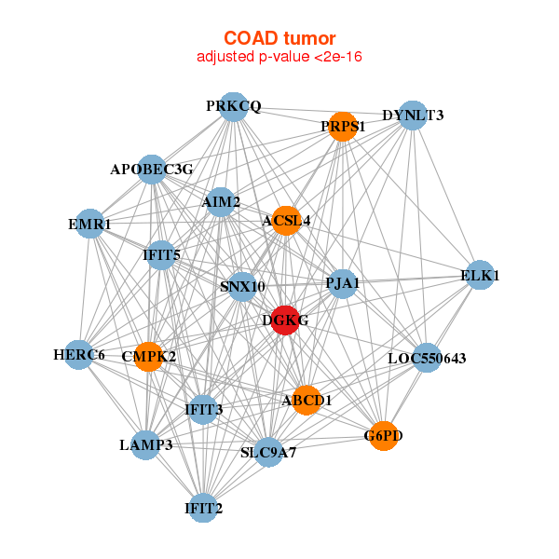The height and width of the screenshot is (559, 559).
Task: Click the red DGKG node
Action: [284, 320]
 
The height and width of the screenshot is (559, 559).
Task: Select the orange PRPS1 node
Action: [343, 126]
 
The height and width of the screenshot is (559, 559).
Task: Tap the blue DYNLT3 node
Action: [413, 116]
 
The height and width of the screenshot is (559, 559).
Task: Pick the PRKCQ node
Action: [235, 106]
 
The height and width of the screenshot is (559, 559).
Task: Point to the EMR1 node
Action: [89, 224]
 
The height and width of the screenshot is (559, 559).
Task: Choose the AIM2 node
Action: [221, 201]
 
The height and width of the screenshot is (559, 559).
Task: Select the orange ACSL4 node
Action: [286, 221]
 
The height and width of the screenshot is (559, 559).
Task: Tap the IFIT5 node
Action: [162, 253]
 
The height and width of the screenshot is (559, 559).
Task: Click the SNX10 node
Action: [242, 286]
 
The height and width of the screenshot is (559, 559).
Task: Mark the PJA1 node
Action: [343, 282]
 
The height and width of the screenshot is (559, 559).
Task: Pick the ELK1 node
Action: [480, 275]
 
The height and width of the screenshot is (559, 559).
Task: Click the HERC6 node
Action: [79, 354]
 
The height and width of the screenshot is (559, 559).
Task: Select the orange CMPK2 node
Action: [149, 356]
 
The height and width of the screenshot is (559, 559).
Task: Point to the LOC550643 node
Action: [426, 358]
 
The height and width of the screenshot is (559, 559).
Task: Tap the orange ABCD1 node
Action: [307, 400]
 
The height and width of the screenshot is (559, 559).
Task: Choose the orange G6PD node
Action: [383, 435]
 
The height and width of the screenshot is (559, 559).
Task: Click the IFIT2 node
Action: [203, 508]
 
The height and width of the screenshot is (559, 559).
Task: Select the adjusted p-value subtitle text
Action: [279, 57]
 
